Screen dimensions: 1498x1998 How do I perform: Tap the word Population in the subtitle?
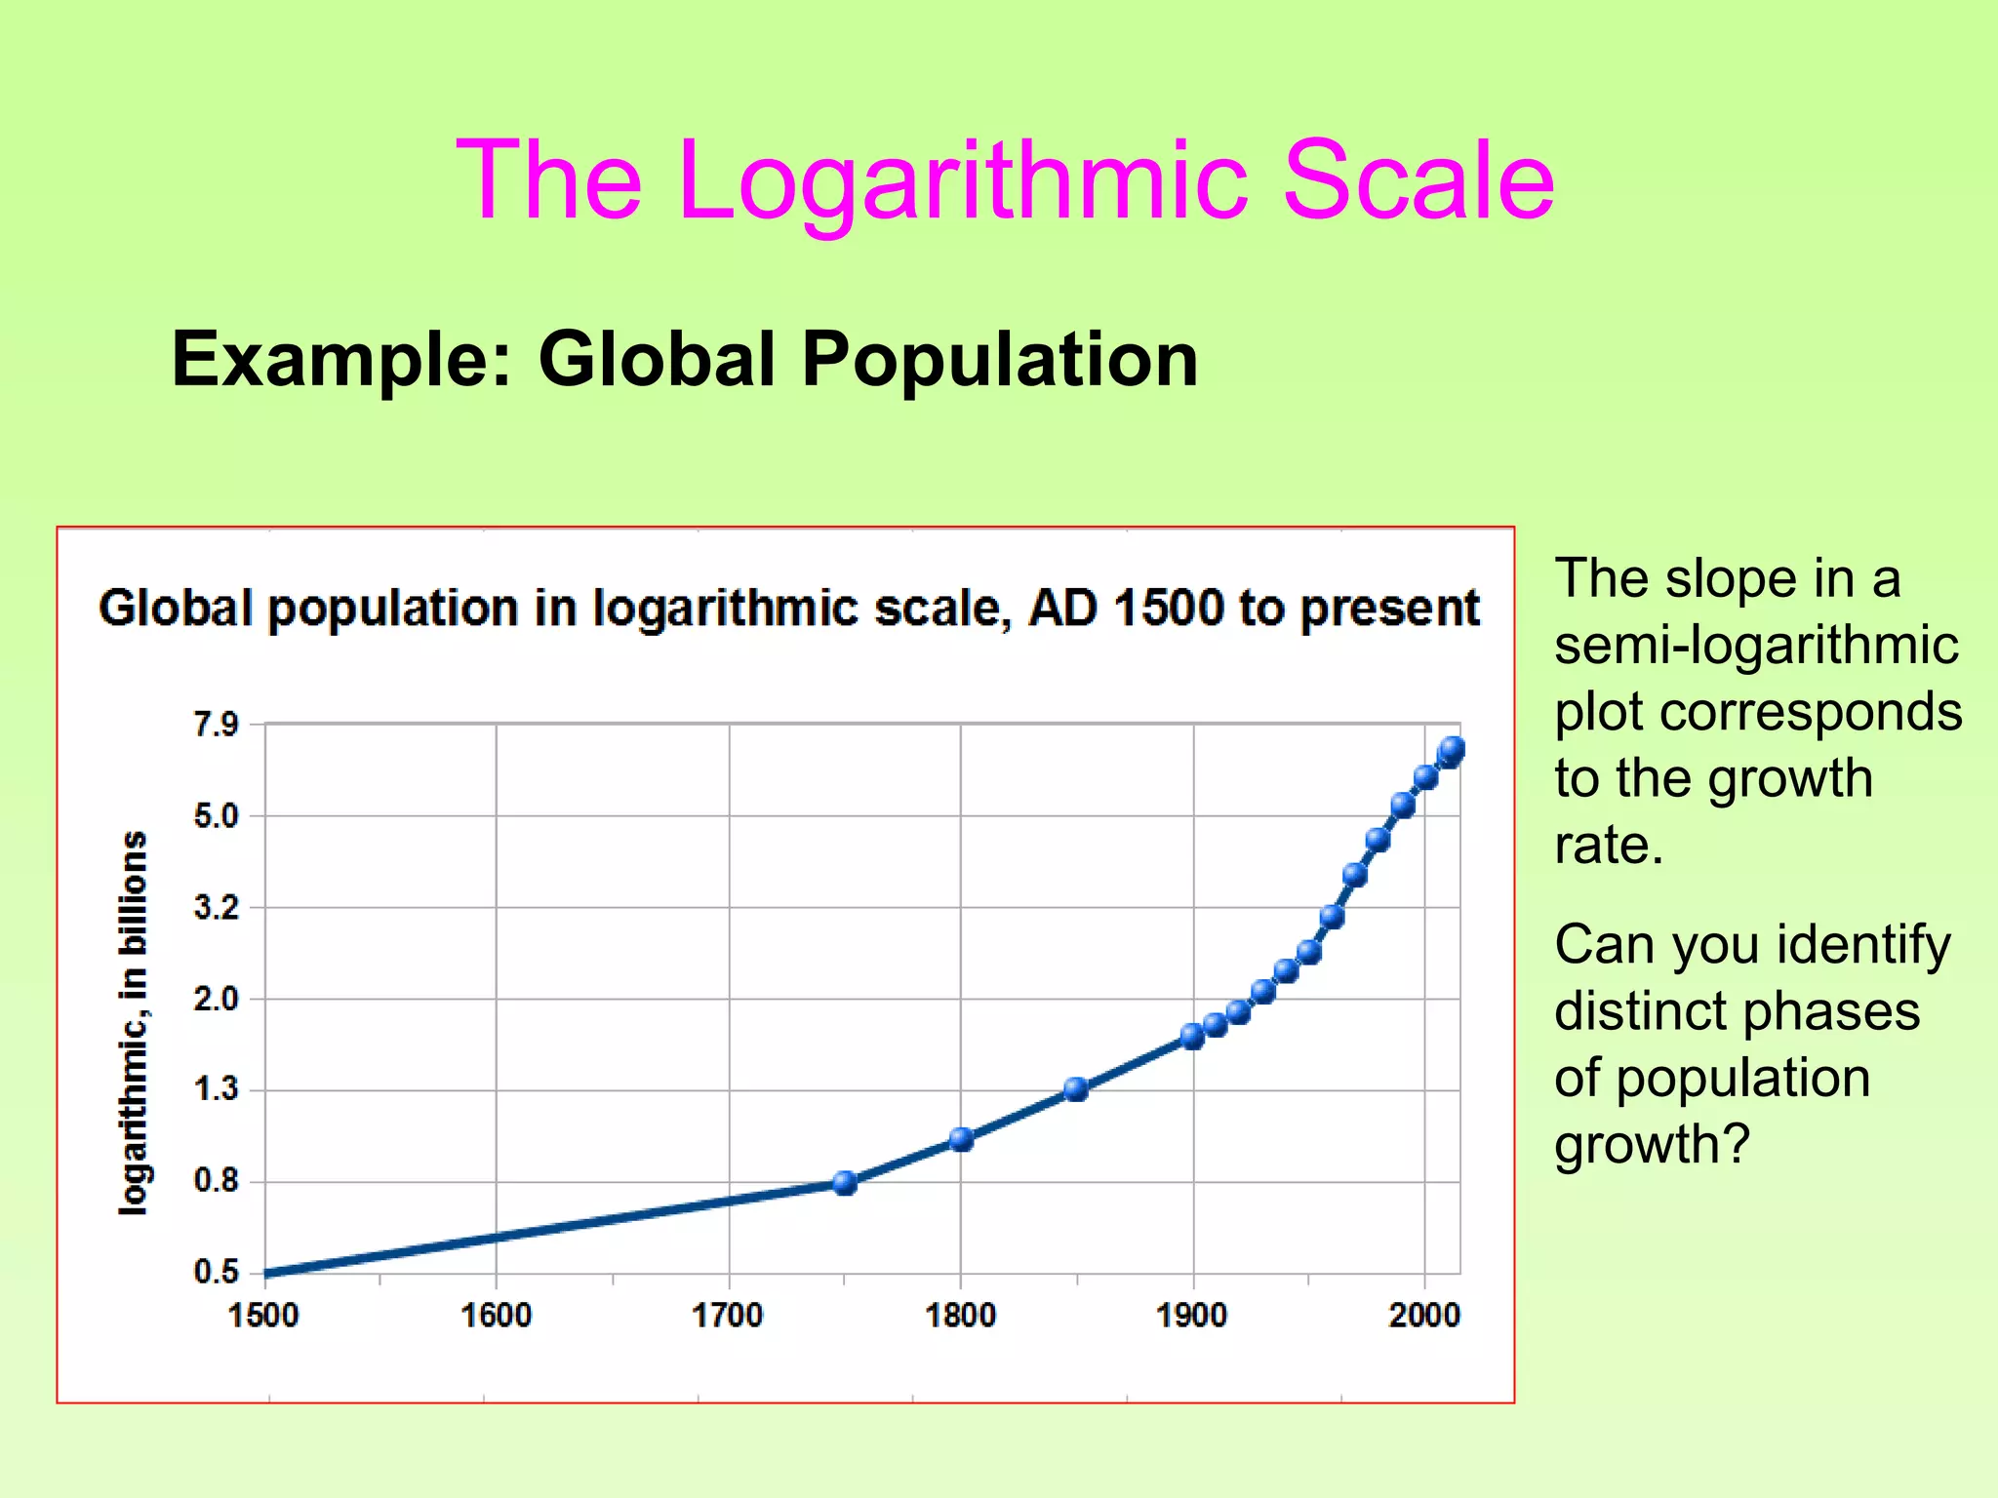999,359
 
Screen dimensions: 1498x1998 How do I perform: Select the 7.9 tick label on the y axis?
216,725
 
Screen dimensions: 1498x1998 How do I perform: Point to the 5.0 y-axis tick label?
216,816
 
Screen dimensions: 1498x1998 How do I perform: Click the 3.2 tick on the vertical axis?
216,908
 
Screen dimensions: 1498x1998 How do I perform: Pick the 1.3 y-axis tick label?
216,1089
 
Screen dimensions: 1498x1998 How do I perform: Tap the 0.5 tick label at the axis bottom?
216,1272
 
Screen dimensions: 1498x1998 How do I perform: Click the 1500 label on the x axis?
263,1316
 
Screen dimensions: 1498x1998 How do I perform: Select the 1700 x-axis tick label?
728,1316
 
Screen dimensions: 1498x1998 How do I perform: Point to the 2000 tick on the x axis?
1424,1316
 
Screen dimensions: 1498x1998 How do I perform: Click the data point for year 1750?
845,1183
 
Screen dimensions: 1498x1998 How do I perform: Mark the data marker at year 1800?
961,1139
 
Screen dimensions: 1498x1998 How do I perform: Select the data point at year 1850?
1076,1089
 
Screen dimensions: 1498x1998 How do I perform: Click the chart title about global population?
788,609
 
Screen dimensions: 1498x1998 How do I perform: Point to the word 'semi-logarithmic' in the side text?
1756,645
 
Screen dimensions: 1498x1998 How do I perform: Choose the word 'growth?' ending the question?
1653,1144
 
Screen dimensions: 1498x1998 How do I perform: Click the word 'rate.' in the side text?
1609,845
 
